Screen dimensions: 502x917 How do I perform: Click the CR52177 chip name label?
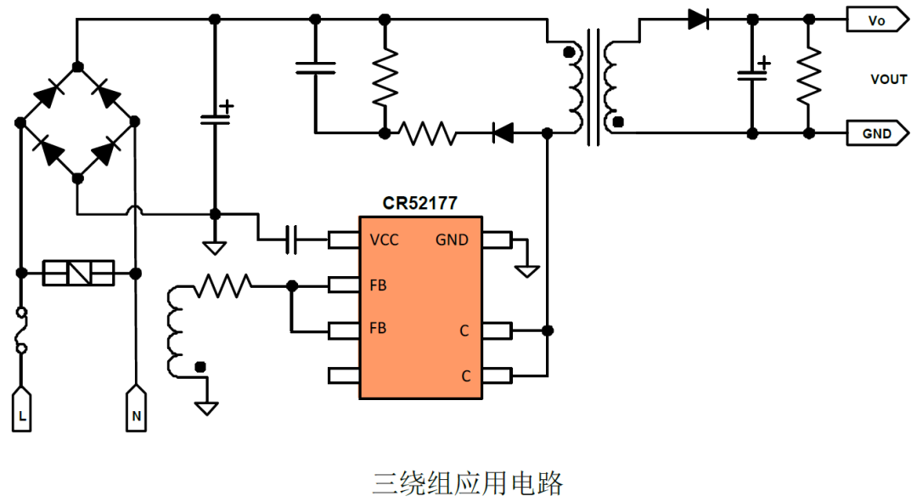click(419, 204)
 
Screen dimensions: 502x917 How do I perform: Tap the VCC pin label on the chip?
click(384, 240)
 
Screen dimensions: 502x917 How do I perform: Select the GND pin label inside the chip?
click(452, 240)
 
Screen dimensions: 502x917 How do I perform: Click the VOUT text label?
click(888, 79)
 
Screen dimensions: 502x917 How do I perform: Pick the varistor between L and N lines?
click(78, 273)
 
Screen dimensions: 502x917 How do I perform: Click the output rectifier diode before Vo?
click(698, 19)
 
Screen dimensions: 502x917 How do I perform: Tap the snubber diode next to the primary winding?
click(503, 133)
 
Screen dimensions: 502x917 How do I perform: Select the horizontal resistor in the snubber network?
click(428, 133)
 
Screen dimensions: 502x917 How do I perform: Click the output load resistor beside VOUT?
click(808, 75)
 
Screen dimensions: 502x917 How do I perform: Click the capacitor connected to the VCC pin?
click(290, 240)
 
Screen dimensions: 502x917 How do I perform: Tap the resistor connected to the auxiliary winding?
click(222, 286)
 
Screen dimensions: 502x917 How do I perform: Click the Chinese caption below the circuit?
click(468, 483)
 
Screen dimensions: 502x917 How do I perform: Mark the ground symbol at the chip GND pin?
click(528, 270)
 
